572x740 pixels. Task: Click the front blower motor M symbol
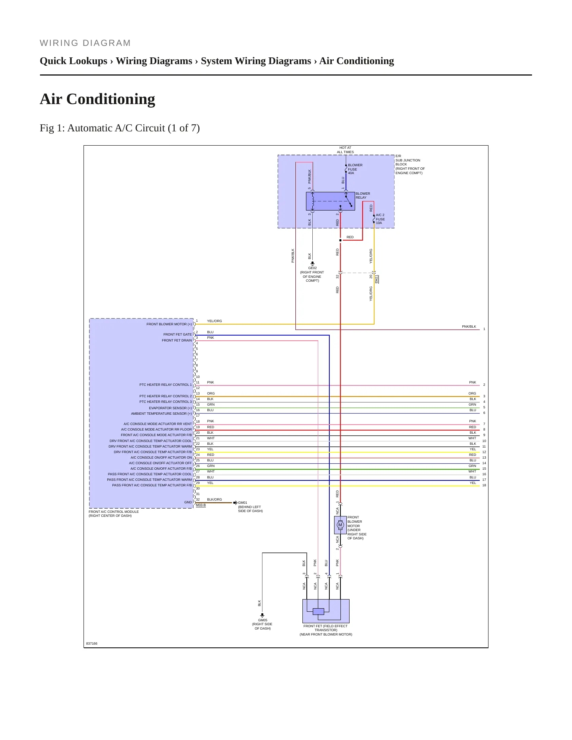340,525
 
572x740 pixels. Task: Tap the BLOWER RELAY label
363,195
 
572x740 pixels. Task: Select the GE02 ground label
312,268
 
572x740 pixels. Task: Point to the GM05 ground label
262,620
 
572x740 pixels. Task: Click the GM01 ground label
243,503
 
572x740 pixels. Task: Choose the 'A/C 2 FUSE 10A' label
380,219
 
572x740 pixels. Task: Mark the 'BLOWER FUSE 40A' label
355,169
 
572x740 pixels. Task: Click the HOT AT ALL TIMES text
346,150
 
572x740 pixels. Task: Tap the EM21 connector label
376,279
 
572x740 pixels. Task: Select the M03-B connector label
201,505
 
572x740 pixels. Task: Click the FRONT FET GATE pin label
177,334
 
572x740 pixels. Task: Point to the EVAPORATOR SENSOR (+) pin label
170,408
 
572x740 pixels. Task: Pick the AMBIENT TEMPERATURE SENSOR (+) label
162,414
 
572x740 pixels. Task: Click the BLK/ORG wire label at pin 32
215,499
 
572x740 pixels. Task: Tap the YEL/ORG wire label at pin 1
215,321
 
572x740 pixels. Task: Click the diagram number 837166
92,643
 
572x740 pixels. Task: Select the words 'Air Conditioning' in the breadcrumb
357,61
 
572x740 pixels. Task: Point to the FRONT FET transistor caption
326,630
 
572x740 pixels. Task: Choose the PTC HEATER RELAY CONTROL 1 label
165,385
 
